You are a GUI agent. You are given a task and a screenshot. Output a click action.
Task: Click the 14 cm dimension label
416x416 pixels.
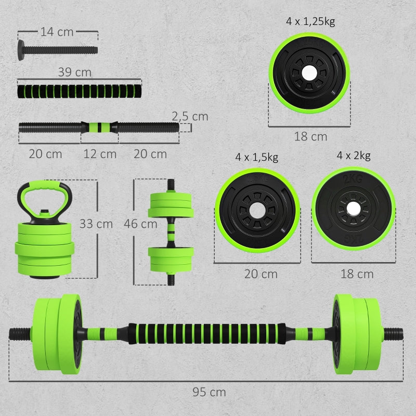pos(57,32)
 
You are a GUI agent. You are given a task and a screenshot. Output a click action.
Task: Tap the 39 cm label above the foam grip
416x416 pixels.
pos(75,72)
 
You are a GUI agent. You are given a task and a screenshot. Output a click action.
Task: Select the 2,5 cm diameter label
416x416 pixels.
pos(191,116)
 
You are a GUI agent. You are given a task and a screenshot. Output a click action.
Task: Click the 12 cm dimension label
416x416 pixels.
pos(100,154)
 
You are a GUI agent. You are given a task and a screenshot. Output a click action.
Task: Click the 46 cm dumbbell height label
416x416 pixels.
pos(140,224)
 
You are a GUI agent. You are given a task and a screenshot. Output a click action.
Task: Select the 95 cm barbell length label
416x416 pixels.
pos(209,392)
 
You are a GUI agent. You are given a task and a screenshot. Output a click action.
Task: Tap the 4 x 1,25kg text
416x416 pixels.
pos(309,22)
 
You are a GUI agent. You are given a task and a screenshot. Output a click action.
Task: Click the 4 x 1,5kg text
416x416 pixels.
pos(256,157)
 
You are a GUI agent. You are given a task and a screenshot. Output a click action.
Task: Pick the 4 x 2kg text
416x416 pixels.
pos(354,155)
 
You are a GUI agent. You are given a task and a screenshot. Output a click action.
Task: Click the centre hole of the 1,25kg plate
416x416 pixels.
pos(309,74)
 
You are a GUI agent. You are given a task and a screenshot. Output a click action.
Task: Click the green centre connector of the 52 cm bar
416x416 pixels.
pos(99,126)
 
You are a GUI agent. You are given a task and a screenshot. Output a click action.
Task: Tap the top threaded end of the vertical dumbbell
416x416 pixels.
pos(171,185)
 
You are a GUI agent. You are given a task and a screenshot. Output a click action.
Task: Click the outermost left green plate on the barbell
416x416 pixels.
pos(41,333)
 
